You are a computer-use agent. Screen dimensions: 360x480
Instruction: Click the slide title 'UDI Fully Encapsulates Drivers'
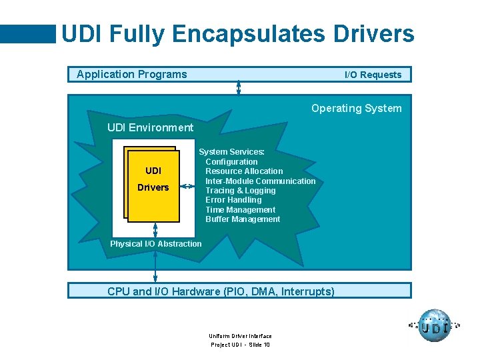(237, 34)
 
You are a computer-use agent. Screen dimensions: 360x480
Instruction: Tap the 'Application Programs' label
(131, 74)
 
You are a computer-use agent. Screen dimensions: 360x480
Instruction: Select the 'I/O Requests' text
(373, 75)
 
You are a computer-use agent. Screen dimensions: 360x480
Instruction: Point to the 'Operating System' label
(356, 108)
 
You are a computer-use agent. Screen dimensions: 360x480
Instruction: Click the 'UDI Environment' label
(150, 127)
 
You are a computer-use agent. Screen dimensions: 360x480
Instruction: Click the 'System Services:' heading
(231, 152)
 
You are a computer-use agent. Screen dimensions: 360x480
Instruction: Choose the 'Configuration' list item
(231, 162)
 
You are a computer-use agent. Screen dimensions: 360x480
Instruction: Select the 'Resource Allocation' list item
(244, 171)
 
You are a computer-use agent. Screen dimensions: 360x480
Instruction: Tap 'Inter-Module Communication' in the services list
(260, 181)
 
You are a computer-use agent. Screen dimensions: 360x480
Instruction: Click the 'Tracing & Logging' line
(240, 191)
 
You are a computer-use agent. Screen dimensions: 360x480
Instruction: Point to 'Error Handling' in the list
(233, 200)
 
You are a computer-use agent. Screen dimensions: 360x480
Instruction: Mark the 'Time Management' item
(240, 209)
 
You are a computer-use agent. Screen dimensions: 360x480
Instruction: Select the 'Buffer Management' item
(243, 219)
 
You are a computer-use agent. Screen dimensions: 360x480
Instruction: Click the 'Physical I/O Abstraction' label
(155, 244)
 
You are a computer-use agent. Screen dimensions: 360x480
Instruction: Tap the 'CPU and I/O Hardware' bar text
(221, 291)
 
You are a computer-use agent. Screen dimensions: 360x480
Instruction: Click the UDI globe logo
(435, 326)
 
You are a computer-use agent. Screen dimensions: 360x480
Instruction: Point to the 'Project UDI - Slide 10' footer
(240, 345)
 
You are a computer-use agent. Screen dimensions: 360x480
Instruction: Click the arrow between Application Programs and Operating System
(239, 88)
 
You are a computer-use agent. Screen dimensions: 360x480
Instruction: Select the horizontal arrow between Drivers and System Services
(190, 187)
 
